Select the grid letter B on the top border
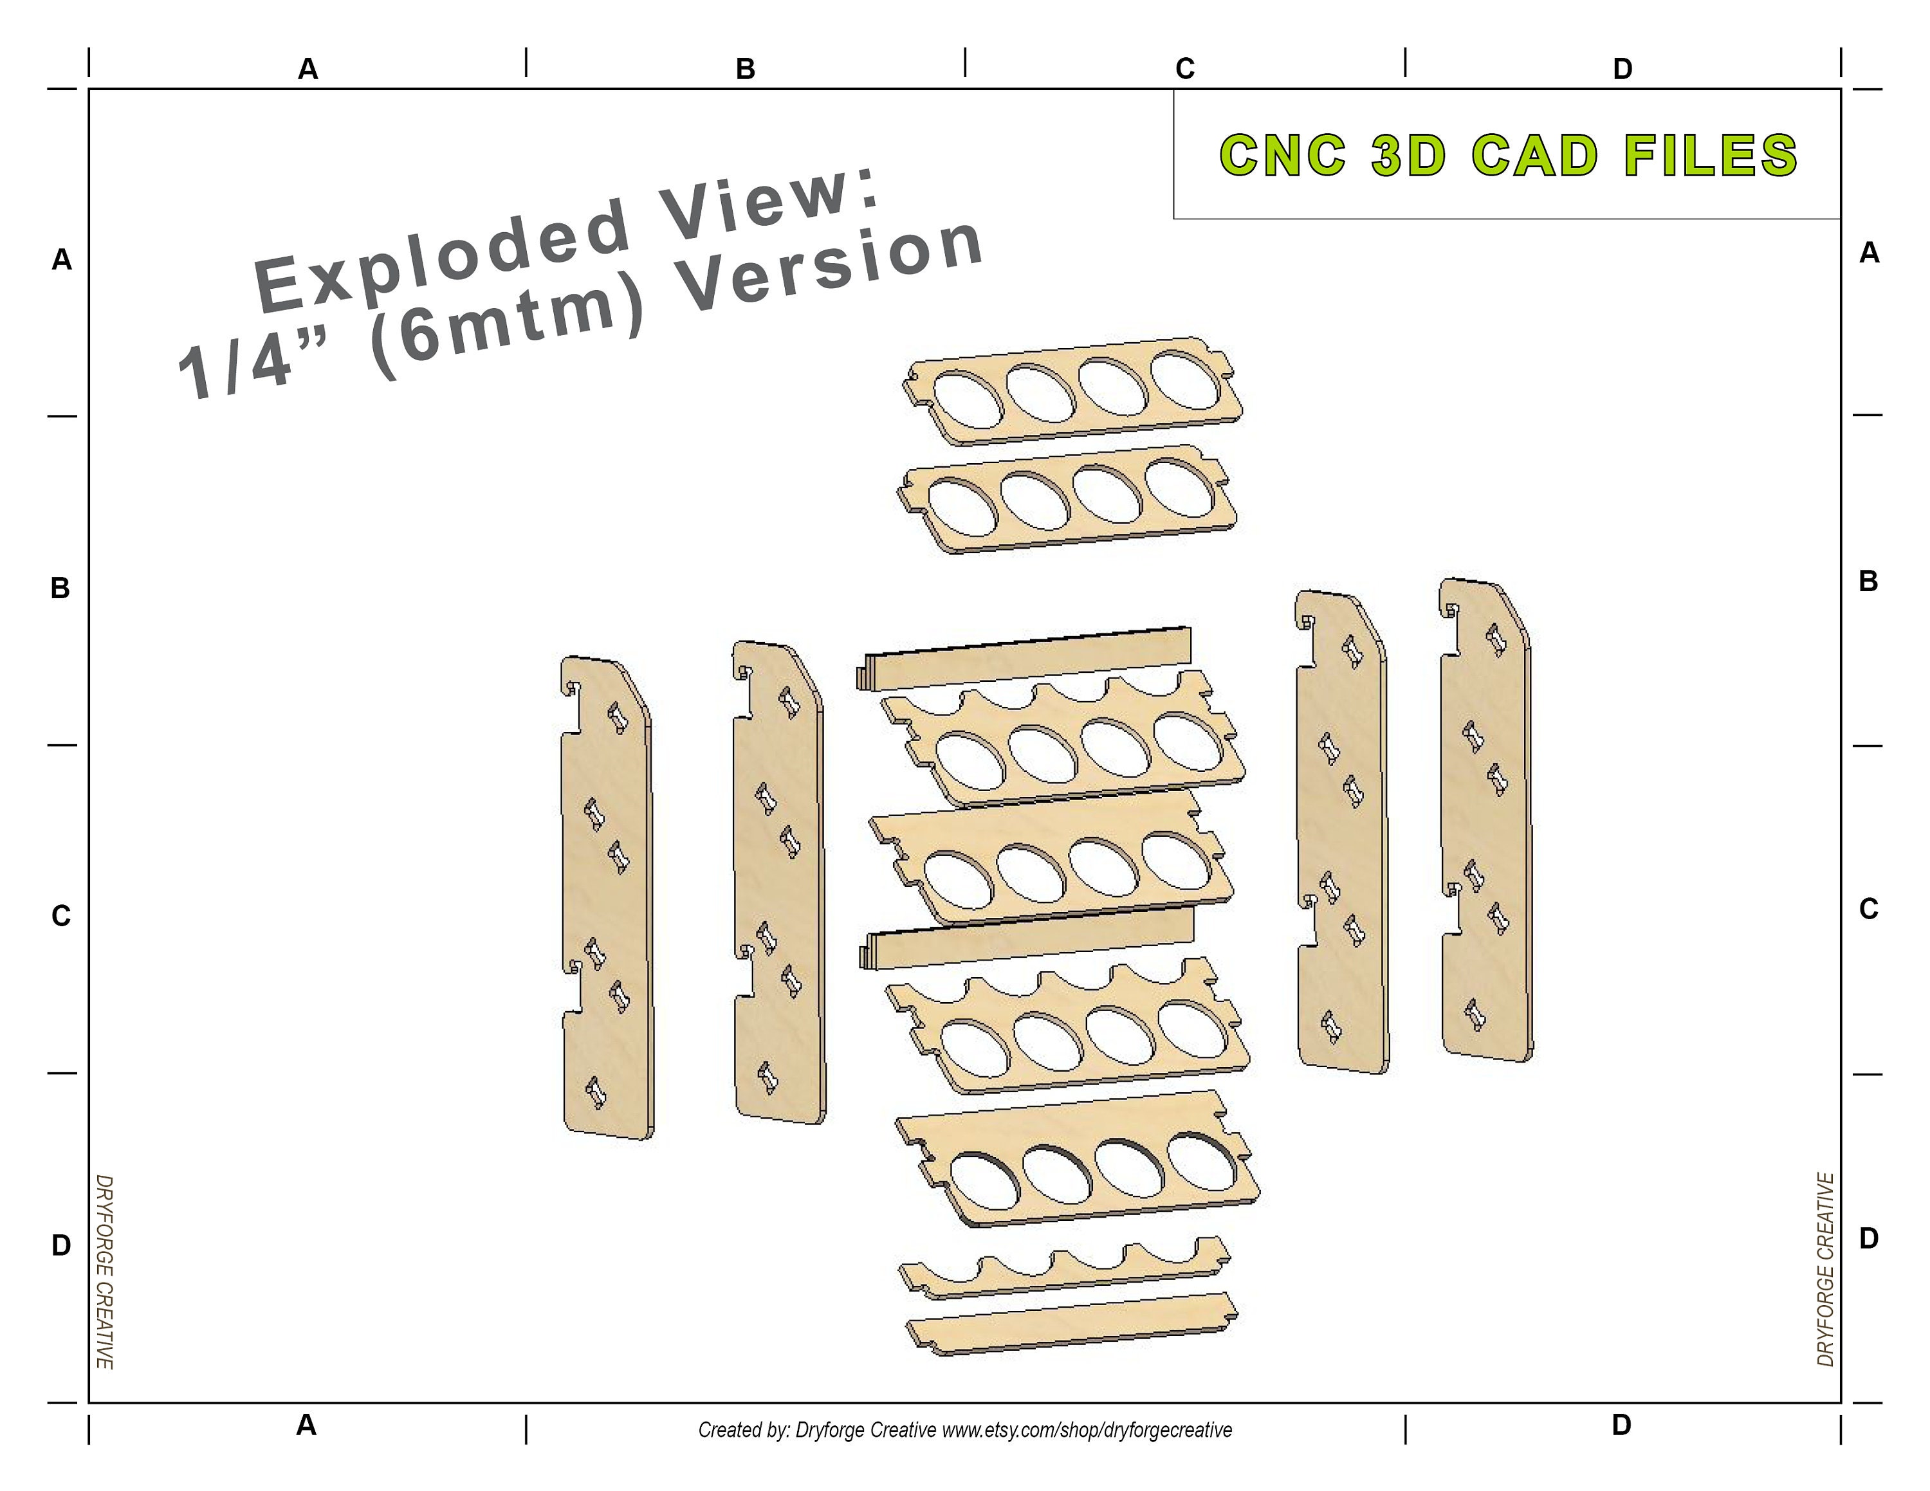[x=745, y=69]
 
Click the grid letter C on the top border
[x=1185, y=69]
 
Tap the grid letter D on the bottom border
[x=1621, y=1425]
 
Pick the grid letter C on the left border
[x=60, y=916]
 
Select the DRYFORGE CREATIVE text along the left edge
[x=104, y=1272]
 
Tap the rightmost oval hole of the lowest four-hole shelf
[x=1202, y=1160]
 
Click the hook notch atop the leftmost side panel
[x=573, y=687]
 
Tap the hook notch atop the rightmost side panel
[x=1451, y=608]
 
